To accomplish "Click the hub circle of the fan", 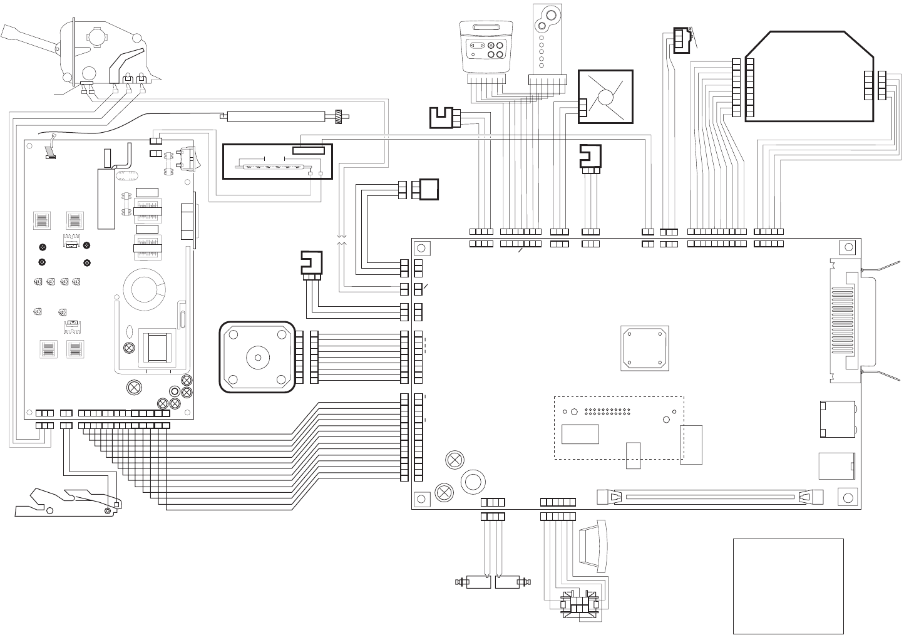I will coord(605,98).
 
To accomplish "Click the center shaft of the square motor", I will coord(257,358).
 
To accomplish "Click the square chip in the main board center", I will coord(644,348).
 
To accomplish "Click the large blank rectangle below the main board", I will coord(788,586).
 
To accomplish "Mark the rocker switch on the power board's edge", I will coord(186,157).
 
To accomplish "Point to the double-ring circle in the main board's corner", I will coord(473,481).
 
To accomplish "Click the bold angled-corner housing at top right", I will coord(811,75).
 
